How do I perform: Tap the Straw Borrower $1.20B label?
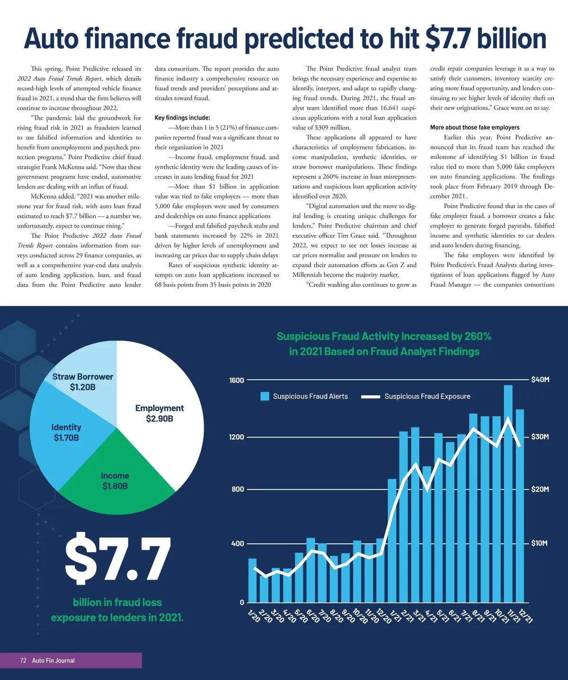pos(83,382)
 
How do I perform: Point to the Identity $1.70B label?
pos(66,432)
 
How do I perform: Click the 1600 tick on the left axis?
pos(236,380)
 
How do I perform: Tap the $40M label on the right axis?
pos(540,380)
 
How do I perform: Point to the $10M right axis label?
pos(539,543)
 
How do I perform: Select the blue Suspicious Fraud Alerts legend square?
pos(265,396)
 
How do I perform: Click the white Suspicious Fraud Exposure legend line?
pos(371,397)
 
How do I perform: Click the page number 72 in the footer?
pos(23,661)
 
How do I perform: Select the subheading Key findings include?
pos(182,118)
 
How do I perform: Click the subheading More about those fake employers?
pos(475,127)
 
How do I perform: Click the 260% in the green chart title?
pos(478,336)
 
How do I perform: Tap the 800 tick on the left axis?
pos(238,489)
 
